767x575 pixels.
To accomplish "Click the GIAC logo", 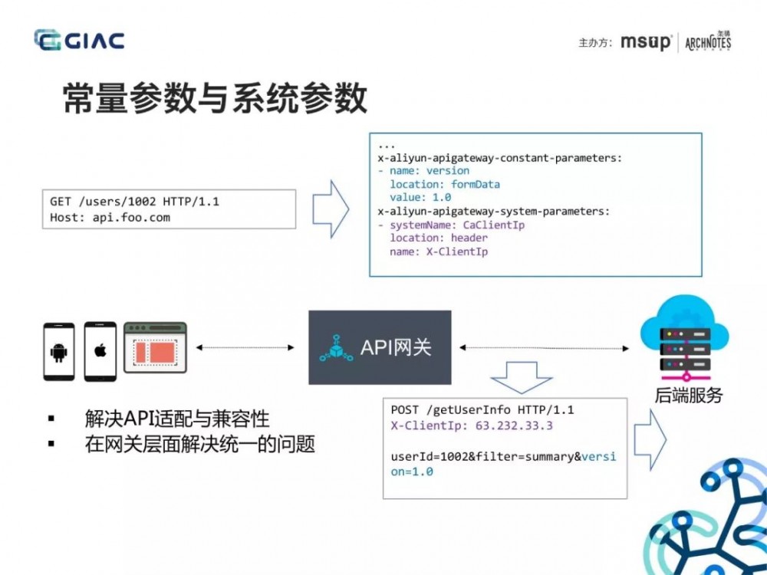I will point(79,40).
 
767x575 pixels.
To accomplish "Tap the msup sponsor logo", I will point(646,42).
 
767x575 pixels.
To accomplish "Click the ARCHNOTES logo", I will point(708,41).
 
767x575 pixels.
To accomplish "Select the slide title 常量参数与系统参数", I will point(216,99).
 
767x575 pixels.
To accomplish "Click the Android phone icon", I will point(59,352).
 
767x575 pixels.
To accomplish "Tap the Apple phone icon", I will point(100,352).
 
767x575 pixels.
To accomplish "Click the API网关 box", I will point(379,347).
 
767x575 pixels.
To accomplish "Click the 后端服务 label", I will point(689,396).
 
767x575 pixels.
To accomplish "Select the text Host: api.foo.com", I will point(110,217).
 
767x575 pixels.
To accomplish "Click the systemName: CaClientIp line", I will point(456,225).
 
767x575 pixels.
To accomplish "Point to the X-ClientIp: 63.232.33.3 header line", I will point(472,425).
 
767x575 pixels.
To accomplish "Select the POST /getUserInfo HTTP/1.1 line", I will point(482,409).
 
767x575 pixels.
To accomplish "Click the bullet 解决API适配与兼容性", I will point(177,419).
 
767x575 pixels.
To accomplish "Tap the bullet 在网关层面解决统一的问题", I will point(200,444).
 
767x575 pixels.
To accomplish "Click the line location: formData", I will point(444,184).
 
